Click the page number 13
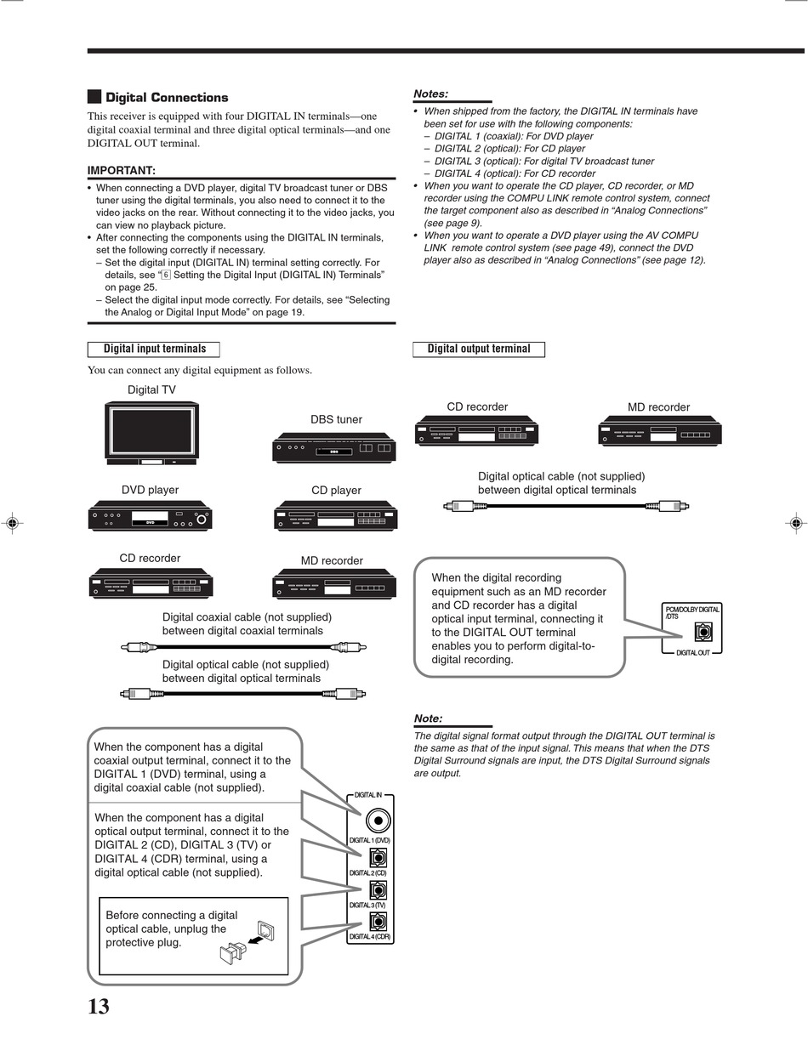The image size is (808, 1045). click(99, 1007)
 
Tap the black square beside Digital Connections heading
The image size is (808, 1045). click(94, 97)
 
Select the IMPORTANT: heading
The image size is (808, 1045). click(122, 170)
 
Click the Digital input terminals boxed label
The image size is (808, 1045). click(154, 349)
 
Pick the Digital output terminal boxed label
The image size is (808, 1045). click(479, 349)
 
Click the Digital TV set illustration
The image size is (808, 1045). click(151, 433)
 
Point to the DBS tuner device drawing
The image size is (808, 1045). click(335, 447)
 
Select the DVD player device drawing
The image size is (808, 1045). click(150, 517)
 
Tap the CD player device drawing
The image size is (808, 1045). click(335, 517)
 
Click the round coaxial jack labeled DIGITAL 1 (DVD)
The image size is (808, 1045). click(378, 821)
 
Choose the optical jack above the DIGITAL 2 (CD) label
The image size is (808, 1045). click(378, 857)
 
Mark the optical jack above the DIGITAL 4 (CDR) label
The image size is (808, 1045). click(378, 921)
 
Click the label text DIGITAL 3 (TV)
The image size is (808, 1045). click(367, 905)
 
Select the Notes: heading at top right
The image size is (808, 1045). click(430, 94)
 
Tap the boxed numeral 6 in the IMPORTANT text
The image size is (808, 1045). click(166, 275)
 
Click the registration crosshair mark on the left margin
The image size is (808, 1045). click(12, 523)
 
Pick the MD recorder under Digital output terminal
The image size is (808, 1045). click(659, 433)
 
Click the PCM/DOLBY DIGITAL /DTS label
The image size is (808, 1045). click(691, 612)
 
